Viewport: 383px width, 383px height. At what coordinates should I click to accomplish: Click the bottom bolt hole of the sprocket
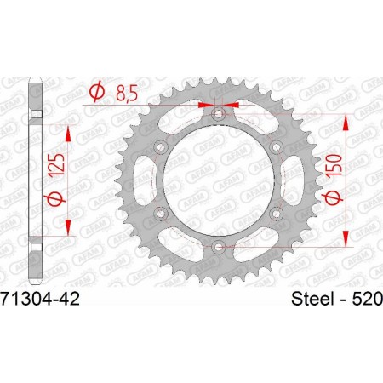coord(219,247)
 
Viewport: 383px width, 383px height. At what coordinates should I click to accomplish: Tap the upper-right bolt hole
coord(277,146)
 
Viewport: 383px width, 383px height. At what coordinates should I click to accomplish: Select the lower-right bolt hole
coord(277,213)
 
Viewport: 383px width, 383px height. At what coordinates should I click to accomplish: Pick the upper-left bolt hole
coord(160,146)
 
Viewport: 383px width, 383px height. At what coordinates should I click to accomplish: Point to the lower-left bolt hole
coord(160,213)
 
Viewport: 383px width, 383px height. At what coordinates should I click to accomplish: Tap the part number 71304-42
coord(38,300)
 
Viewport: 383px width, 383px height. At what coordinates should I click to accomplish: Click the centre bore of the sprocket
coord(219,180)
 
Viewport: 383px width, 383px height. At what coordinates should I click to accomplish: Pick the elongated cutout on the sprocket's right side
coord(294,179)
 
